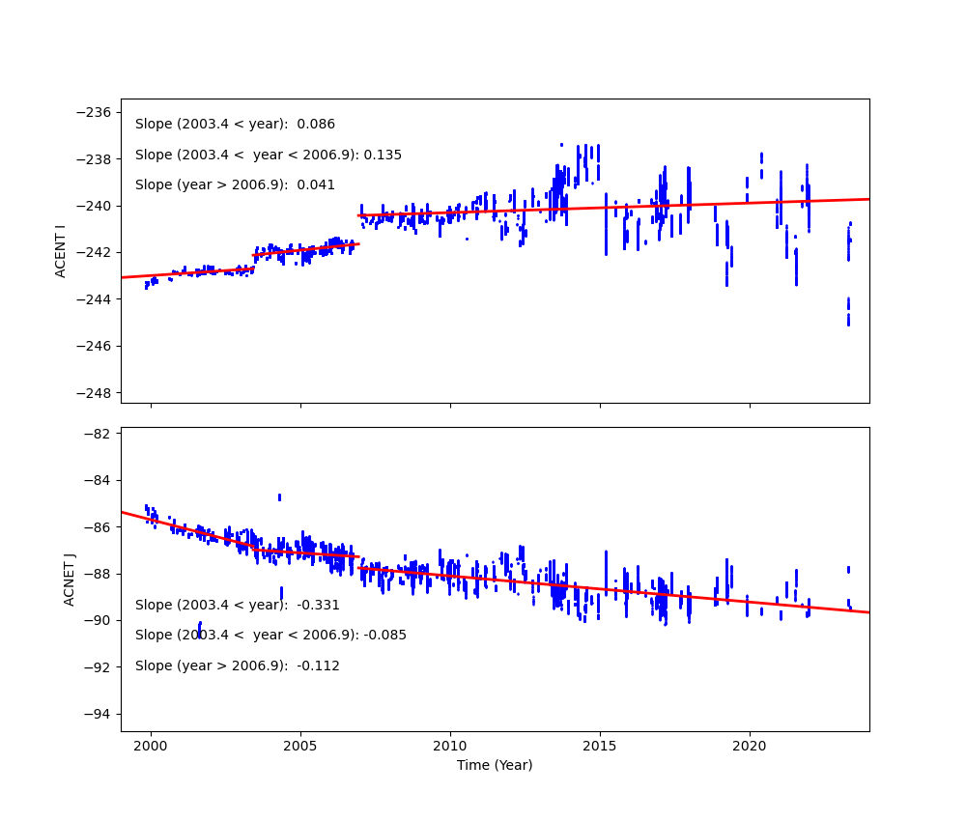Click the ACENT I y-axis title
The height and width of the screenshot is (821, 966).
(61, 251)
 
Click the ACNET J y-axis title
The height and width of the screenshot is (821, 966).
(70, 580)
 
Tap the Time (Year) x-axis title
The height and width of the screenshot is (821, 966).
(495, 765)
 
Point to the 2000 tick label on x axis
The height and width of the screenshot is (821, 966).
(151, 747)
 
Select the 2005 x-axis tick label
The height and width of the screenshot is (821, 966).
(300, 747)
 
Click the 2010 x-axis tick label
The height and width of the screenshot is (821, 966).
(450, 747)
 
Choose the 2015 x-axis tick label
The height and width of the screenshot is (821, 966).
(600, 747)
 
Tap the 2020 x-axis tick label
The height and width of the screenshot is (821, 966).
(750, 747)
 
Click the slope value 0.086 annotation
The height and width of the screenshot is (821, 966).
(316, 125)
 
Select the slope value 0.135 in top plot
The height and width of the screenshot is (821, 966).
(383, 156)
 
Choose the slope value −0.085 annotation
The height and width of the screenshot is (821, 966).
(384, 636)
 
